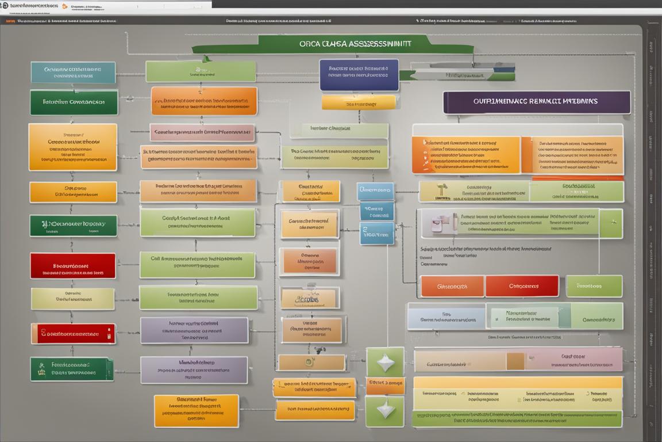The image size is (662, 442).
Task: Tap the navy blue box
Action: click(x=359, y=75)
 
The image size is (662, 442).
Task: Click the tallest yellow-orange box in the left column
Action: click(x=72, y=147)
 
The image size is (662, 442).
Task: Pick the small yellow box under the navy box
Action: click(x=359, y=102)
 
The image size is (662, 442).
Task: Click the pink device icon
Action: click(x=433, y=223)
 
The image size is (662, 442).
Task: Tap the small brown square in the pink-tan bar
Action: click(x=515, y=361)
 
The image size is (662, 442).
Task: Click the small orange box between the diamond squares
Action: click(x=385, y=385)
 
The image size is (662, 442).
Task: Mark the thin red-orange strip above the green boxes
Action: click(x=578, y=179)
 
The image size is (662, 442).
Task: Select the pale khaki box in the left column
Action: click(x=72, y=299)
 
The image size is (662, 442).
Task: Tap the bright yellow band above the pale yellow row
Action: click(x=517, y=383)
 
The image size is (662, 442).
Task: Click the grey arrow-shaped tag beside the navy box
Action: click(x=451, y=75)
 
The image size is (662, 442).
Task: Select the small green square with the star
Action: click(x=610, y=223)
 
